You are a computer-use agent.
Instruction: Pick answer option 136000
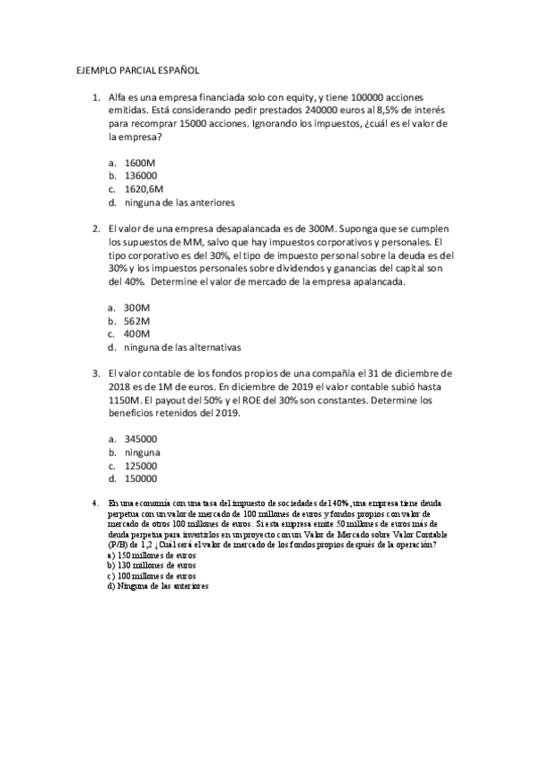(142, 176)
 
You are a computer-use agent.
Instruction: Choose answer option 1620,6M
(144, 189)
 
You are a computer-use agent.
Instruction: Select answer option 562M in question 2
(137, 320)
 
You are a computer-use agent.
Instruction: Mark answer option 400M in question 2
(137, 334)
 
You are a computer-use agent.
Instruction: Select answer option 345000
(142, 438)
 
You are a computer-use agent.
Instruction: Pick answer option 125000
(142, 465)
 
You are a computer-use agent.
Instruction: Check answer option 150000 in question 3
(142, 478)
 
